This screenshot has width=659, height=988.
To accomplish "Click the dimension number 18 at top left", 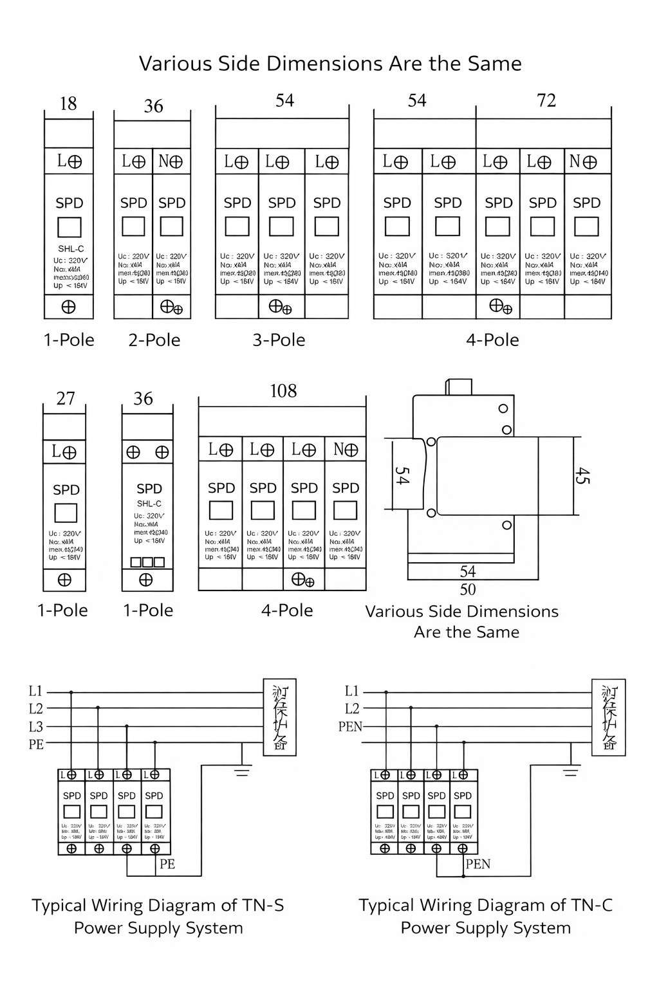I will point(68,104).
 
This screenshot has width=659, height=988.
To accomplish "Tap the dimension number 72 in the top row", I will point(546,100).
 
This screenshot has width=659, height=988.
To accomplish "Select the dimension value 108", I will point(283,391).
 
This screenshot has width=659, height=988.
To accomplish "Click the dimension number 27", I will point(66,399).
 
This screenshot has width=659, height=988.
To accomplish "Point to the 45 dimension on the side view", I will point(582,476).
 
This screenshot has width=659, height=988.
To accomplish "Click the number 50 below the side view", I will point(468,589).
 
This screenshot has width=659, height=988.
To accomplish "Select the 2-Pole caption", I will point(154,340).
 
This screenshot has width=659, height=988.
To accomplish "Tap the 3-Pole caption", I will point(279,340).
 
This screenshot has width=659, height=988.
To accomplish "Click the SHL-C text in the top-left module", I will point(71,249).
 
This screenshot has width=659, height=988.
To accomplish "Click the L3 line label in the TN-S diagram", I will point(36,727).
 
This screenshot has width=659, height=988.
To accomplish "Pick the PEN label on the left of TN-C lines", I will point(350,727).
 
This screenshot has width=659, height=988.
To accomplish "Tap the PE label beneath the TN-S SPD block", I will point(167,864).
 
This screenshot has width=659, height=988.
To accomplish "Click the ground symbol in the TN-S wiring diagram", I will point(242,770).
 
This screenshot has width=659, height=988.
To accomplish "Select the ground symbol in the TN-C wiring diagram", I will point(571,770).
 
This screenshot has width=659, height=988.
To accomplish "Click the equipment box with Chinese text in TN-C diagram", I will point(608,717).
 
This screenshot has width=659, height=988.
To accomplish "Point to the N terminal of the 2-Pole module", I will point(171,161).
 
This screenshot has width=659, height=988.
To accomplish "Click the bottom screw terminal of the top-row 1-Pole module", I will point(68,307).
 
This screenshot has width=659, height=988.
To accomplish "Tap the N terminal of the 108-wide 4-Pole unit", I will point(346,450).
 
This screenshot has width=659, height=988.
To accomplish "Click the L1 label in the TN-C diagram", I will point(351,691).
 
